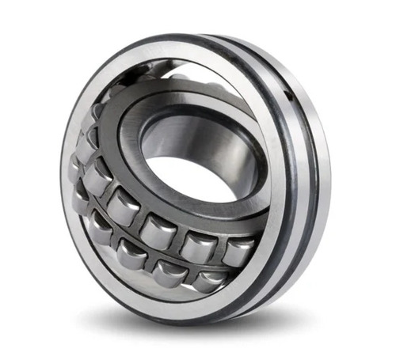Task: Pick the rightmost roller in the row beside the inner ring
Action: (x=238, y=252)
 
